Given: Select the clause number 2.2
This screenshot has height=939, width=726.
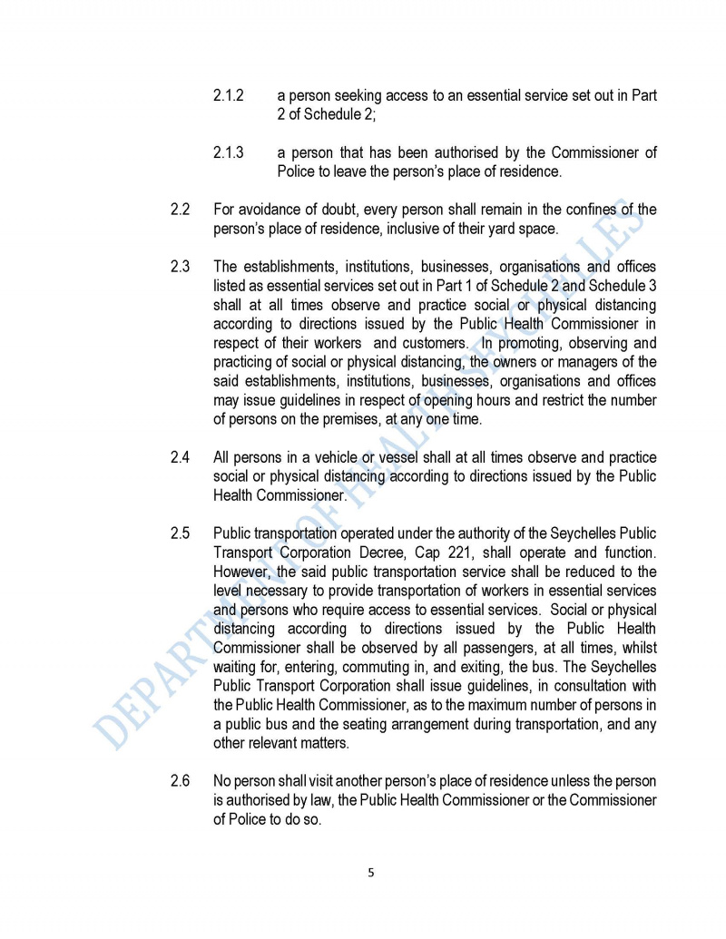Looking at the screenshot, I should [x=180, y=210].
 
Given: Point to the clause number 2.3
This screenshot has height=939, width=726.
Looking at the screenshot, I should [x=180, y=267].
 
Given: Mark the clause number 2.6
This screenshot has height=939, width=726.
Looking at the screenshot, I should [x=180, y=780].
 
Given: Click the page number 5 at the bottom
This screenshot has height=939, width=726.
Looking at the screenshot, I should [x=370, y=873].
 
